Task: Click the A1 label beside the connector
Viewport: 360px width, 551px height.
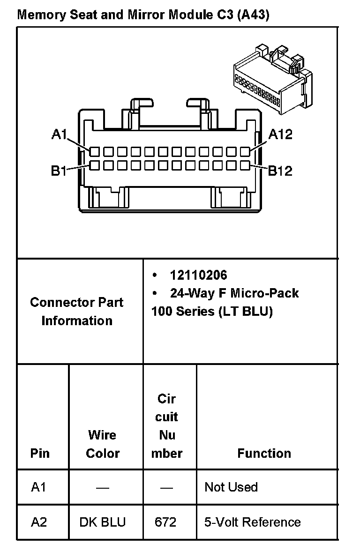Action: [x=59, y=134]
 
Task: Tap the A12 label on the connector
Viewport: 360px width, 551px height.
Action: [x=280, y=134]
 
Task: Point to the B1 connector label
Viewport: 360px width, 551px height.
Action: [x=59, y=171]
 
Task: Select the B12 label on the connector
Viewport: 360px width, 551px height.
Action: [x=280, y=171]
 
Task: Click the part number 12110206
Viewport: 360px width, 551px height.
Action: [x=198, y=275]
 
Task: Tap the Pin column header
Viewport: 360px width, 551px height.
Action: [x=40, y=453]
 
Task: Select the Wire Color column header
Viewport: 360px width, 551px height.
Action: [x=103, y=444]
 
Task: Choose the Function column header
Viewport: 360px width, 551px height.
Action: [x=264, y=453]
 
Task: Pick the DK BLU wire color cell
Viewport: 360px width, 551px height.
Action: [x=103, y=522]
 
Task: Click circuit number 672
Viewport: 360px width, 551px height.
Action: [x=165, y=522]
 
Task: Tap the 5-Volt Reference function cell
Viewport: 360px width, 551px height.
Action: [x=253, y=522]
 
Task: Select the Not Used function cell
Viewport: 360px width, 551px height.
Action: [x=231, y=487]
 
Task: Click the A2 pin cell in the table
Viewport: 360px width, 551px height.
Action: [x=39, y=522]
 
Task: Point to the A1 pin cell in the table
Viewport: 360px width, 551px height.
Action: [x=39, y=487]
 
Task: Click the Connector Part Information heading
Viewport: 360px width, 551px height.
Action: [x=77, y=311]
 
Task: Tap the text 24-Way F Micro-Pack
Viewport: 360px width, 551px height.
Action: [x=234, y=293]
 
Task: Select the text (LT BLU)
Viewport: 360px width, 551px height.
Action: [x=246, y=311]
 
